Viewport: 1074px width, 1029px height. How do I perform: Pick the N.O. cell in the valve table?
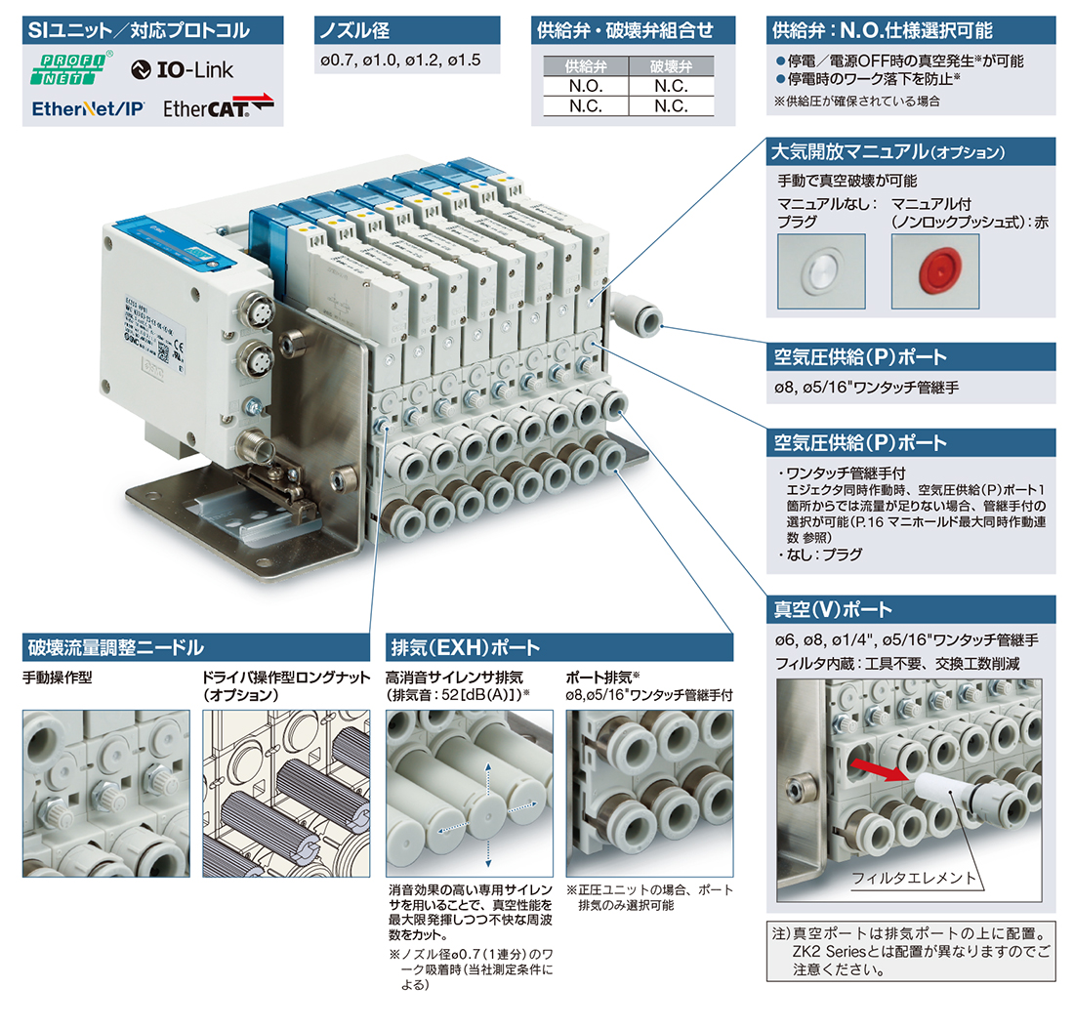tap(585, 86)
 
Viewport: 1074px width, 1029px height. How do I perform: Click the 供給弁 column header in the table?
tap(585, 67)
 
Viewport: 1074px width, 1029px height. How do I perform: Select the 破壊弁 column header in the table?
tap(671, 67)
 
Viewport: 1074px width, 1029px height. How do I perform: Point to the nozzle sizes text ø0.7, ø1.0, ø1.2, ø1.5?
tap(400, 61)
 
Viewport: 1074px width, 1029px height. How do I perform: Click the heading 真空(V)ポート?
tap(833, 610)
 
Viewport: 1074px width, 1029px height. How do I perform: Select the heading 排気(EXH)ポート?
tap(465, 647)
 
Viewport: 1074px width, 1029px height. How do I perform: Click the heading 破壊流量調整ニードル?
tap(116, 647)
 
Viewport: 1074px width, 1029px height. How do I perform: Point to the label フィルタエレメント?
tap(914, 877)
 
